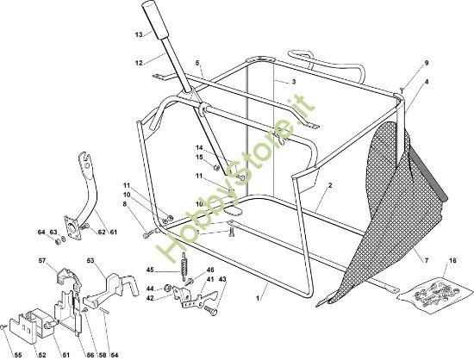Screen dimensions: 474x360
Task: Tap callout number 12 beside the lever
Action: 139,63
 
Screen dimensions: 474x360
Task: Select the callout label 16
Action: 452,260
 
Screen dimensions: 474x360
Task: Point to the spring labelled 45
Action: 184,266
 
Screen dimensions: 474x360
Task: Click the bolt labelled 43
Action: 211,310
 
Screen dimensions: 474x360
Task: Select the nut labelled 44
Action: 168,288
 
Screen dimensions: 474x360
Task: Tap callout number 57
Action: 41,260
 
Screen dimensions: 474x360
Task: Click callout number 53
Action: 90,260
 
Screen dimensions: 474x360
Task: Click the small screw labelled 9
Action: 402,89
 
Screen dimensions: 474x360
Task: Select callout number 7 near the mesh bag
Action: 427,260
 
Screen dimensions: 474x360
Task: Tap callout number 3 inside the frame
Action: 294,82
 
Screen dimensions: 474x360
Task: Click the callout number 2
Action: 330,185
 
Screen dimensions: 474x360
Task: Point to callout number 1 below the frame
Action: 258,298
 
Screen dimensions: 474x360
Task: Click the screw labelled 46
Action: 190,282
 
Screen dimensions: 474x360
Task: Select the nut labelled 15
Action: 216,168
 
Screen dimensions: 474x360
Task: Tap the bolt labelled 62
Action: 85,227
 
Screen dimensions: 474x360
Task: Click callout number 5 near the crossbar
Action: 197,63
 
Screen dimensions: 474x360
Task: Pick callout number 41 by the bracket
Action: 210,279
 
